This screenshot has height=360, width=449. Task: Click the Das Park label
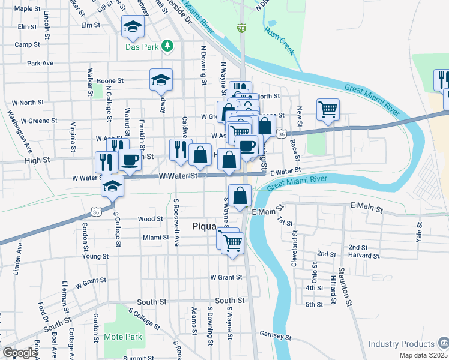(141, 46)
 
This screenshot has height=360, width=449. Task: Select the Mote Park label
(123, 337)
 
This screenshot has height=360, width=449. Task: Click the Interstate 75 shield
(241, 28)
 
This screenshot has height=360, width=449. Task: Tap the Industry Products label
(402, 344)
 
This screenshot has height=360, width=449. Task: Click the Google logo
(20, 353)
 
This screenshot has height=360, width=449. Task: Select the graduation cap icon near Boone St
(161, 80)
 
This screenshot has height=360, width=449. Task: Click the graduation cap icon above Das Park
(133, 26)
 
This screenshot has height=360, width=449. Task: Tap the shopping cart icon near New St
(327, 109)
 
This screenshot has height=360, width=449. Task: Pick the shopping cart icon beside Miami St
(232, 243)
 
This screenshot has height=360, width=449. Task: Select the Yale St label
(419, 230)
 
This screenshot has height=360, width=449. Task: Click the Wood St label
(150, 219)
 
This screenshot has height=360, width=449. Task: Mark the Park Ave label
(40, 62)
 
